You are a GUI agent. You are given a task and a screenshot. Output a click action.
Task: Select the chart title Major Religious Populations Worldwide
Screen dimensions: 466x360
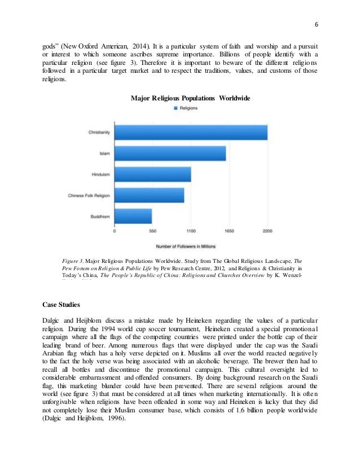(x=190, y=98)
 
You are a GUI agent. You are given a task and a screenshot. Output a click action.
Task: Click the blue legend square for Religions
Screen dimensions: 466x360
(x=175, y=108)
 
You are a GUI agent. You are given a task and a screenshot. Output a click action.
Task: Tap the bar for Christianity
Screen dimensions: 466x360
(x=191, y=133)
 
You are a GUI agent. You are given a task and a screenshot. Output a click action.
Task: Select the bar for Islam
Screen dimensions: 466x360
(x=170, y=153)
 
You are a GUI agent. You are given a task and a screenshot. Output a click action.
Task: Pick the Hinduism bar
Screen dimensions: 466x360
(x=152, y=174)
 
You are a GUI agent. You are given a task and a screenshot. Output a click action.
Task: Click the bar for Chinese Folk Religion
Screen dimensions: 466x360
(x=149, y=195)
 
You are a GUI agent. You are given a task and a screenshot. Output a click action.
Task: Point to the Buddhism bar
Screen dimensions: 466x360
(x=133, y=216)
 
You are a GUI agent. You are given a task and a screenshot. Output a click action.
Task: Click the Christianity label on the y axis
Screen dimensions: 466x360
(x=99, y=133)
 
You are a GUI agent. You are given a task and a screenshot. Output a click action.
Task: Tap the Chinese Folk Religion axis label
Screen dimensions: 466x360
(x=89, y=195)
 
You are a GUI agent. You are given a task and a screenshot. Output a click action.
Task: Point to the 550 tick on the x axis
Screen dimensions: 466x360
(x=152, y=231)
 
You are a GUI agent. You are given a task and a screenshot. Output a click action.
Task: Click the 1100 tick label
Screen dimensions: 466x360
(x=191, y=231)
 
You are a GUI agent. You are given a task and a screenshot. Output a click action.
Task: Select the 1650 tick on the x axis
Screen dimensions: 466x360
(x=229, y=231)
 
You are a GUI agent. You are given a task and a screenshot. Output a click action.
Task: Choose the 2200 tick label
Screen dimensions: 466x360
(x=267, y=231)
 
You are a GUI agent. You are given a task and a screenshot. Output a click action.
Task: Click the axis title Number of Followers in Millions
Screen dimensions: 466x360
(x=190, y=246)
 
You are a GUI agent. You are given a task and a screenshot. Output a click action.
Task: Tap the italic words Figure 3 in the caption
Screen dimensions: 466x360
(x=73, y=261)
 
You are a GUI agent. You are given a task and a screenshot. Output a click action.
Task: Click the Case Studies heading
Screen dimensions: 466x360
(x=62, y=305)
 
